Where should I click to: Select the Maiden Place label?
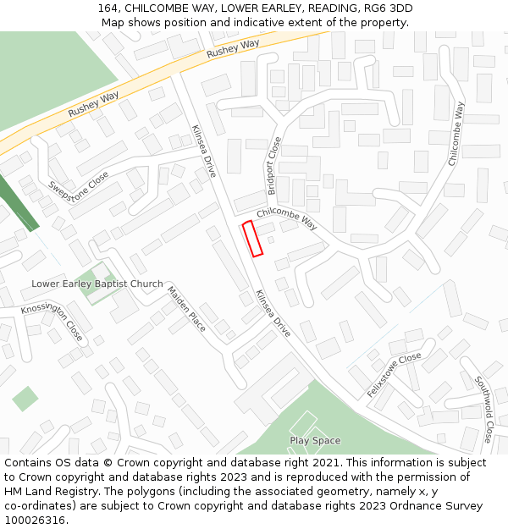[x=186, y=309]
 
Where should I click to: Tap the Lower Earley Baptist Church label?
[x=97, y=284]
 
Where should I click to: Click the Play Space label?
[x=315, y=440]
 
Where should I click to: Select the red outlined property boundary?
[x=252, y=239]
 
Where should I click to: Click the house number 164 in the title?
[x=108, y=8]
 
